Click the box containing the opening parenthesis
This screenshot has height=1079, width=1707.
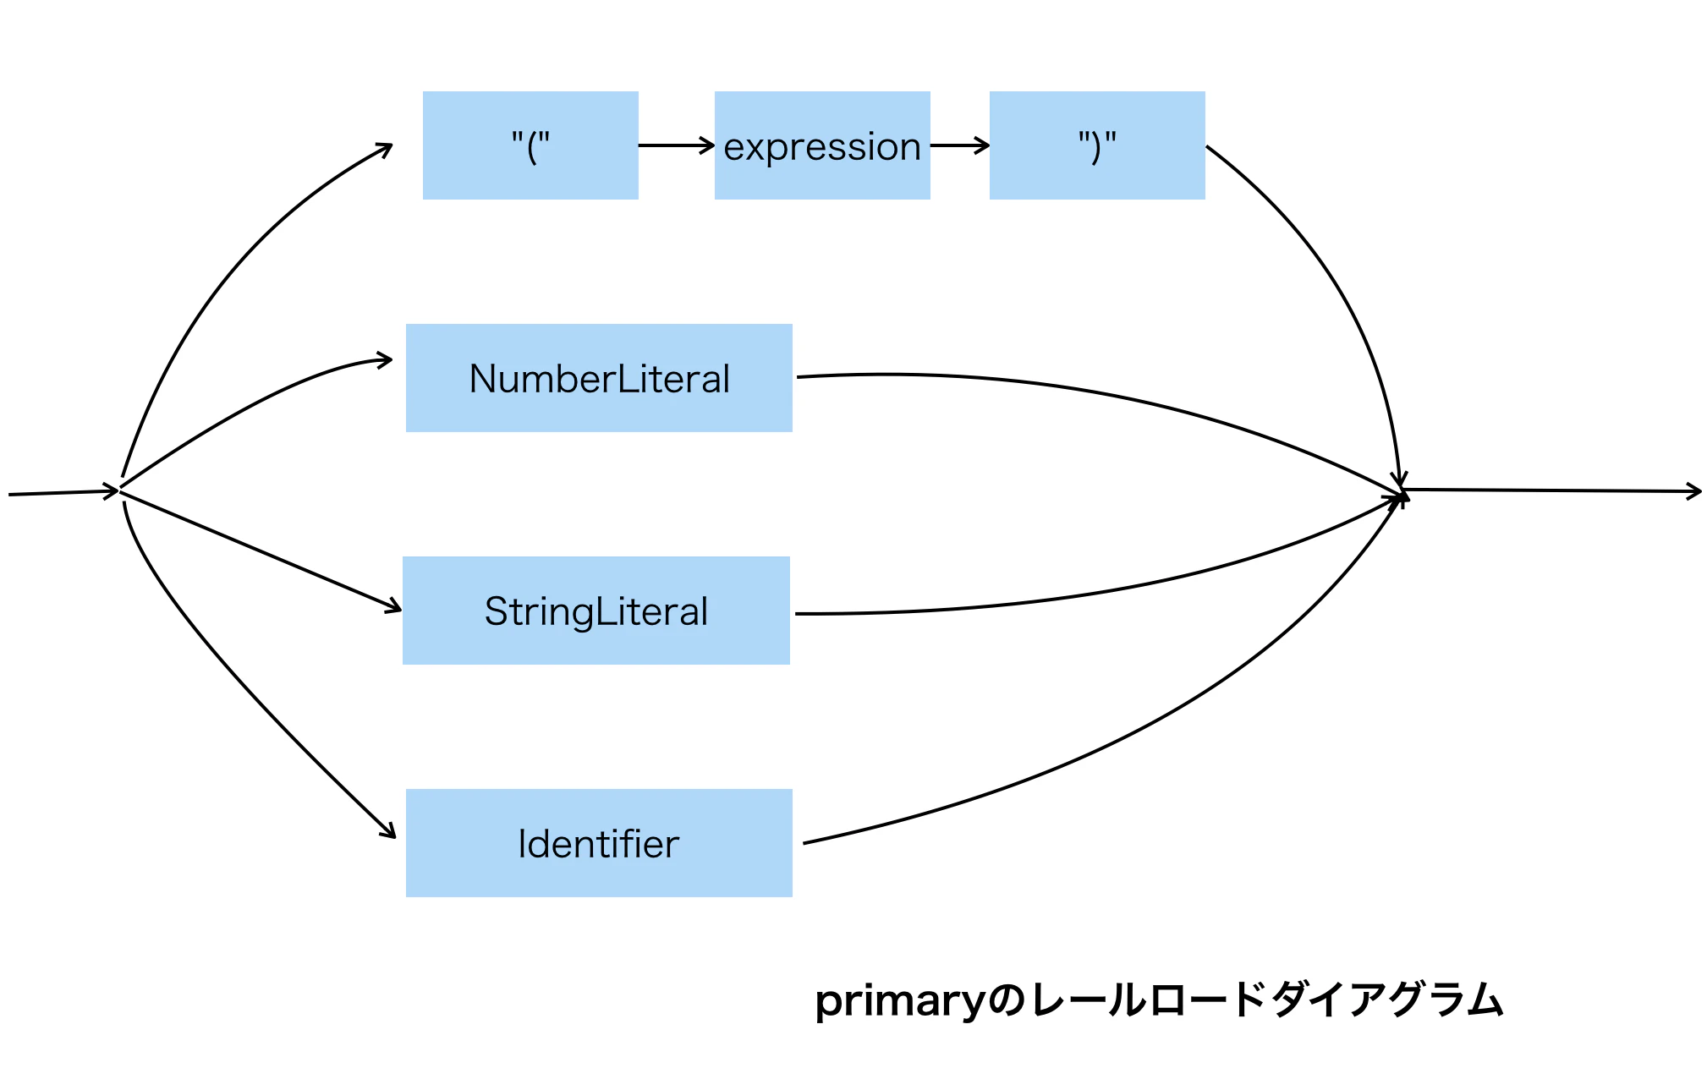point(530,145)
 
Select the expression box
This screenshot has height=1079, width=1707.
point(822,145)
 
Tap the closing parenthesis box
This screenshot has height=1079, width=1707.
point(1097,145)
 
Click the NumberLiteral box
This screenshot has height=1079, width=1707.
point(599,378)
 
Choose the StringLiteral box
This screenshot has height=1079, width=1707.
point(596,611)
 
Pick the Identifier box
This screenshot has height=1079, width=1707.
point(599,843)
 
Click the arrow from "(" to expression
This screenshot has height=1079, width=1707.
point(677,145)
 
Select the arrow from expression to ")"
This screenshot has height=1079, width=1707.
point(960,145)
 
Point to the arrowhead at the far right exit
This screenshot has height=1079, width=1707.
point(1694,491)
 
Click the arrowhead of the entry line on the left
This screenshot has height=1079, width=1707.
point(111,491)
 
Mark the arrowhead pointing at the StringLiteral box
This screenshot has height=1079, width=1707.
point(393,607)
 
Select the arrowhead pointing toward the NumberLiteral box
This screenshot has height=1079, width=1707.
point(385,360)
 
